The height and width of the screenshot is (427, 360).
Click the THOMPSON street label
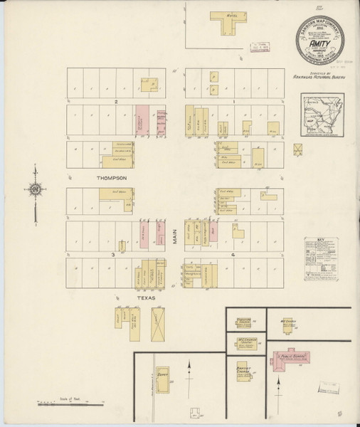coord(113,177)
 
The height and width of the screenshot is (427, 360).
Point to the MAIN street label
coord(176,236)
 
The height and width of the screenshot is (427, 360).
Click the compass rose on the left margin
coord(33,189)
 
